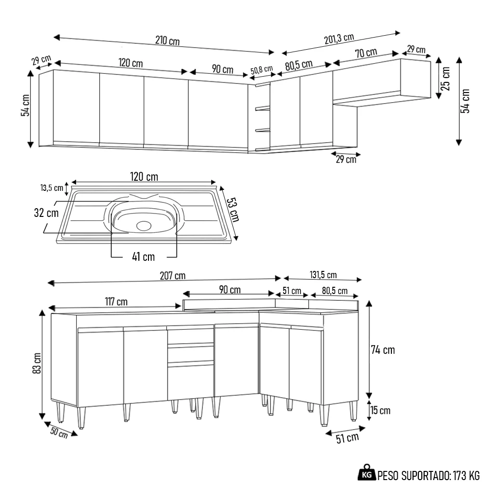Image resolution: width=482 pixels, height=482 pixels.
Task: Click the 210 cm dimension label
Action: (167, 40)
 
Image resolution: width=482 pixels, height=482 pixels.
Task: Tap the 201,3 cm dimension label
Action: (339, 39)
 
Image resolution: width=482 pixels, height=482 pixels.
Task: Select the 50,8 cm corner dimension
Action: (262, 70)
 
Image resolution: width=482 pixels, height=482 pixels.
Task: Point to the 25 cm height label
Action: (446, 79)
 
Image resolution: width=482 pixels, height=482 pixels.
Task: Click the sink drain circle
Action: (144, 225)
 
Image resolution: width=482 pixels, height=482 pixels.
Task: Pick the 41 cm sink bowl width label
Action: (143, 256)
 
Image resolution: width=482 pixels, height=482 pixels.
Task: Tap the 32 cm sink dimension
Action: (47, 213)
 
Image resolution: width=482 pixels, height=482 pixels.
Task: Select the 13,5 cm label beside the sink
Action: (52, 188)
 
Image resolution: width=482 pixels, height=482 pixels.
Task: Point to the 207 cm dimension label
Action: (173, 276)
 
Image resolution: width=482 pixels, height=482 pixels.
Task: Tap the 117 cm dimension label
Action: (116, 302)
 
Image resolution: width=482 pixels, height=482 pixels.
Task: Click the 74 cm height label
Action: (384, 350)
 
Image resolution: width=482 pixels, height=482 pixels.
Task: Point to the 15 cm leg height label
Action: (380, 411)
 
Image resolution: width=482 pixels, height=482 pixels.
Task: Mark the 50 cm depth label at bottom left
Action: (59, 433)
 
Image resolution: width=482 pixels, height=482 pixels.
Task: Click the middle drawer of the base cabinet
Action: (190, 354)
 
